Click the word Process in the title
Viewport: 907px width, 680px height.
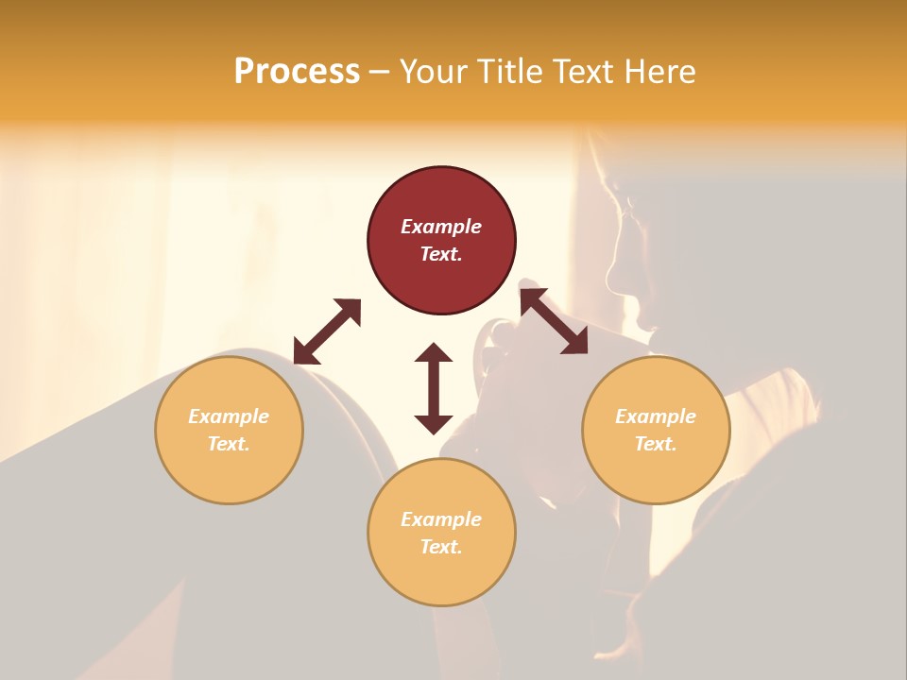297,72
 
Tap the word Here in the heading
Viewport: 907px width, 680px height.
659,72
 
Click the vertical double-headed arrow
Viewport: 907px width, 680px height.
434,388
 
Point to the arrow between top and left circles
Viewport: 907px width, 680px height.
327,331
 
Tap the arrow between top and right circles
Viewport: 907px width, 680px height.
554,321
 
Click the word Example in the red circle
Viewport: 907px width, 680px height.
441,227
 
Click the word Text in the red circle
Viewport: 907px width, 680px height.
441,254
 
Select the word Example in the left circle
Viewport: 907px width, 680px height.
229,416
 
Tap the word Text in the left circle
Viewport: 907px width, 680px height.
229,444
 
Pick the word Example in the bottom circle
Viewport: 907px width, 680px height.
441,519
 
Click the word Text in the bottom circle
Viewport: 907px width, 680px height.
441,547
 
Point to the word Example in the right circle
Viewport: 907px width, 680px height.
656,416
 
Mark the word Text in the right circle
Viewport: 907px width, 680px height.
656,444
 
